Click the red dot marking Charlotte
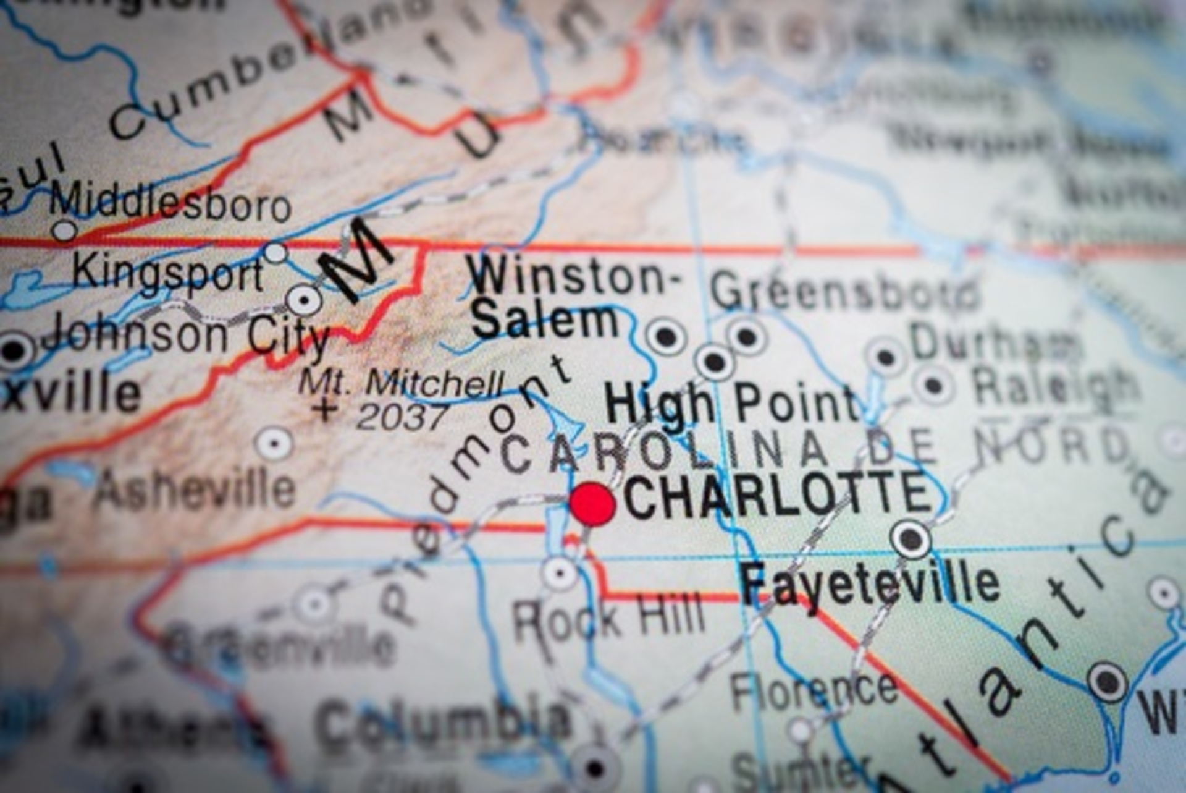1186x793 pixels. [592, 504]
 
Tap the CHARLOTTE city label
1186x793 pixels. [777, 494]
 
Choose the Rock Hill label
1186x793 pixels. [608, 617]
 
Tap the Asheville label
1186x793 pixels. [195, 488]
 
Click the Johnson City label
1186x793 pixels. [185, 336]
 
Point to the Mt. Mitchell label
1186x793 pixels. [402, 384]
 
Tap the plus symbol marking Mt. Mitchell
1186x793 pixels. [325, 409]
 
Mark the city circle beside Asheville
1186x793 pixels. [275, 444]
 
